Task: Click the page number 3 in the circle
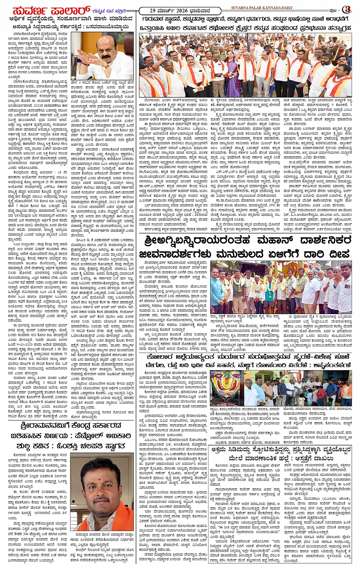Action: (347, 9)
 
